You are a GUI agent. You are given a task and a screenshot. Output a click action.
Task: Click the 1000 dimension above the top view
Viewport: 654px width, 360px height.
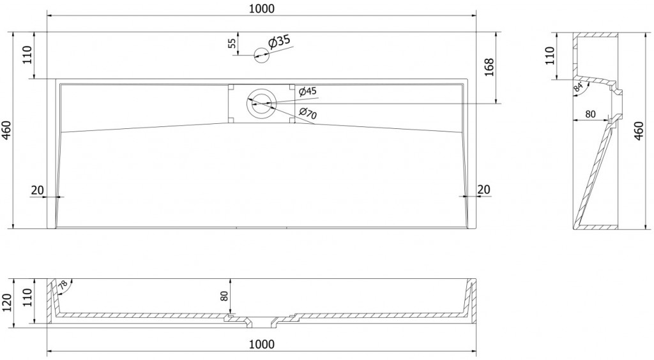(261, 8)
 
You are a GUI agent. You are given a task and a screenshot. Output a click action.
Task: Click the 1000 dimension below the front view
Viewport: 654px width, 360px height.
(261, 344)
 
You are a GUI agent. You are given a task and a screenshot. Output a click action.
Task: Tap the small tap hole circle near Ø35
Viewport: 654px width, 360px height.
(261, 56)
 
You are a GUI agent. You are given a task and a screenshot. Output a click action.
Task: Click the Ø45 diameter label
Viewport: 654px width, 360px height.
(307, 91)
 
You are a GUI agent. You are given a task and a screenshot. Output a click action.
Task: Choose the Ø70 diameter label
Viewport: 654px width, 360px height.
(308, 115)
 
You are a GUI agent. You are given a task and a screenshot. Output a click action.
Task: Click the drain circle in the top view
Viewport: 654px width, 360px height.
(261, 103)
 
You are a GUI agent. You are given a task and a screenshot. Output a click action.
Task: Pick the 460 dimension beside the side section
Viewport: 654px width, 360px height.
(639, 130)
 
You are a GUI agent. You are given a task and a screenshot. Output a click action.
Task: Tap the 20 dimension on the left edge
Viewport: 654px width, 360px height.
(36, 190)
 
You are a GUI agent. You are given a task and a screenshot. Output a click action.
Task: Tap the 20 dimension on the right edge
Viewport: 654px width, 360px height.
(483, 190)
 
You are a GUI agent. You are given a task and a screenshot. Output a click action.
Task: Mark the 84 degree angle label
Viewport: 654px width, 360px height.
(578, 88)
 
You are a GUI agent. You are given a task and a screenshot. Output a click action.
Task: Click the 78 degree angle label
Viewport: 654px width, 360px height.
(62, 287)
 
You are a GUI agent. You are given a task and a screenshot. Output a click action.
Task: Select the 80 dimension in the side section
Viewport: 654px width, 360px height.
(590, 115)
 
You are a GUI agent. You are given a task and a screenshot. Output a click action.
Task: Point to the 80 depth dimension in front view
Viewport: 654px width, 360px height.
(224, 296)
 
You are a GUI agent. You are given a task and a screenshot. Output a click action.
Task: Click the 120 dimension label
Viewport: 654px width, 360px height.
(8, 301)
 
